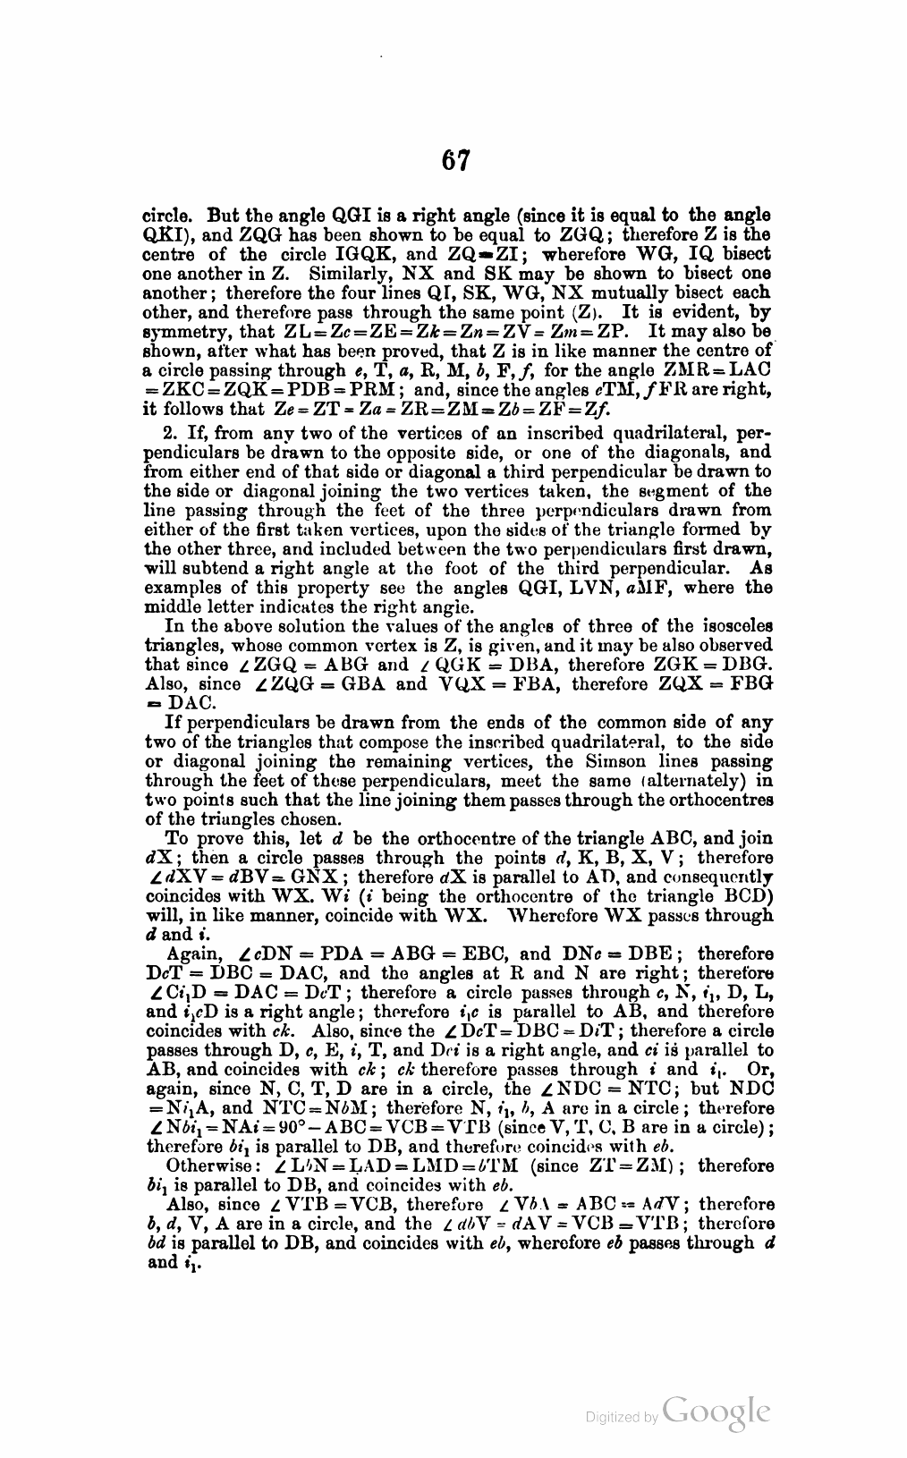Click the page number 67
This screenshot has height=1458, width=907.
coord(455,161)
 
